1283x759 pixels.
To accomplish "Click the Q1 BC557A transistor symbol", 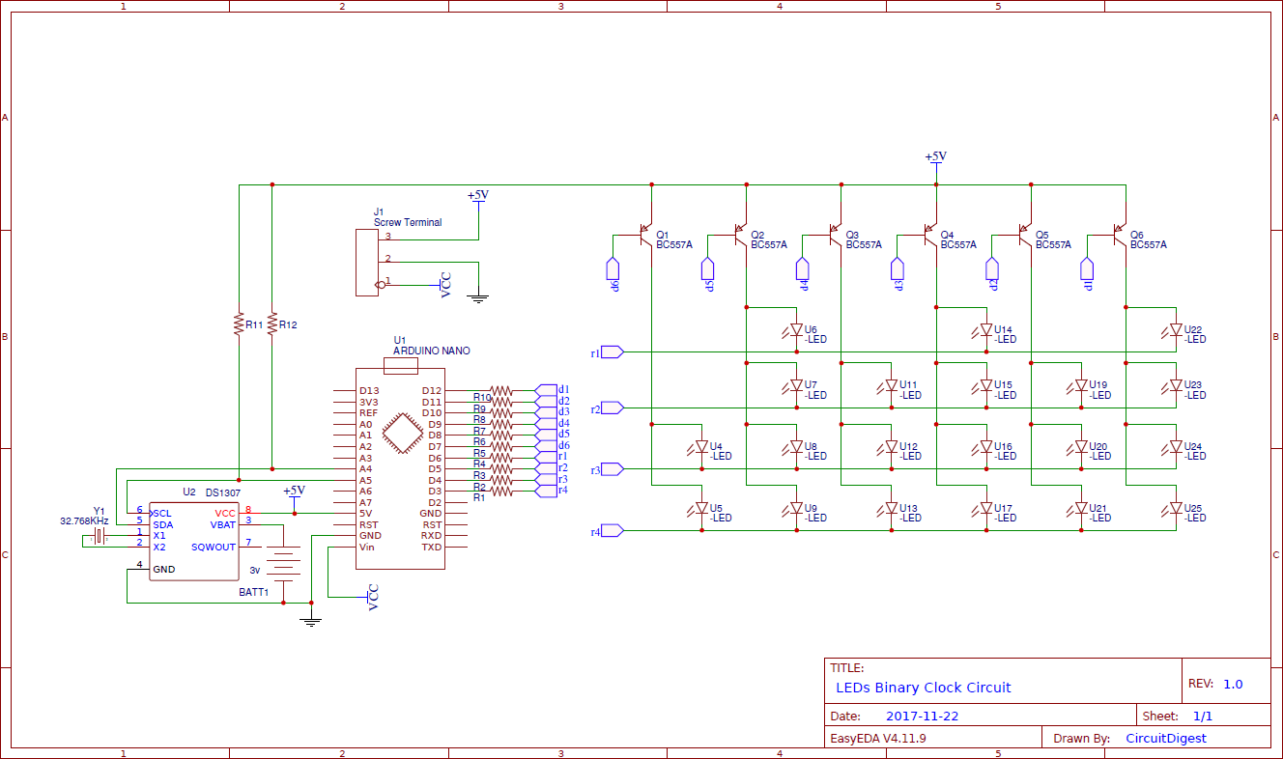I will pos(646,235).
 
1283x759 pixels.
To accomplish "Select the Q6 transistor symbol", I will pos(1120,235).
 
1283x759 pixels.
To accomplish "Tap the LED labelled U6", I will pos(796,331).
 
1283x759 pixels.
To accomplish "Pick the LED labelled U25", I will pos(1176,508).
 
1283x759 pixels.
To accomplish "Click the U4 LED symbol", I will pos(701,448).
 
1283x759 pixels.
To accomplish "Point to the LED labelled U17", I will pos(985,508).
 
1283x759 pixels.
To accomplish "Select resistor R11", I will pos(238,323).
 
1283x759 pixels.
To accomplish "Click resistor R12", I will pos(272,323).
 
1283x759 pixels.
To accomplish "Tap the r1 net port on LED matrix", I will pos(613,352).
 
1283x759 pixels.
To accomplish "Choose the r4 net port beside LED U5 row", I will pos(613,530).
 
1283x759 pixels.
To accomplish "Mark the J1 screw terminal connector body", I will pos(366,262).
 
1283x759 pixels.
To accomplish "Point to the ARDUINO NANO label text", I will pos(431,351).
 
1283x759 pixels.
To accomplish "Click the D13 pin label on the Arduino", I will pos(369,390).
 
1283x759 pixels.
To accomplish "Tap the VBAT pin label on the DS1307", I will pos(223,524).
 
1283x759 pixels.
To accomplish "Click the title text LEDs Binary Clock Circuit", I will pos(923,688).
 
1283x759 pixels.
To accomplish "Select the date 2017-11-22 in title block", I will pos(922,717).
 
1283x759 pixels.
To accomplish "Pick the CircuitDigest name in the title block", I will pos(1165,738).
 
